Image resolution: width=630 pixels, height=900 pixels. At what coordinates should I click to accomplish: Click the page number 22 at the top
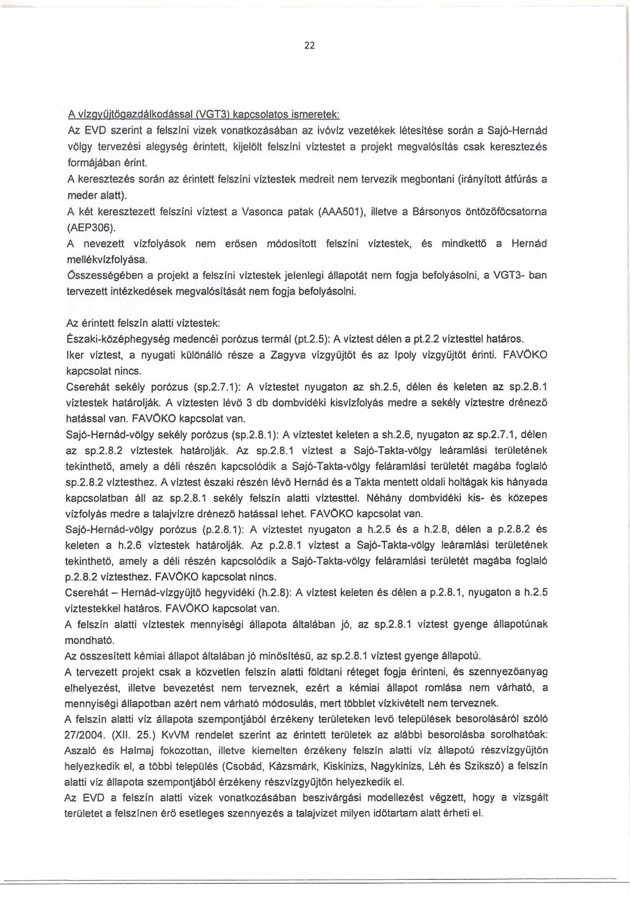tap(310, 45)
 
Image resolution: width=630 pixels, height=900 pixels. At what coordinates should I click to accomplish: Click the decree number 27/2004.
tap(83, 734)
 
